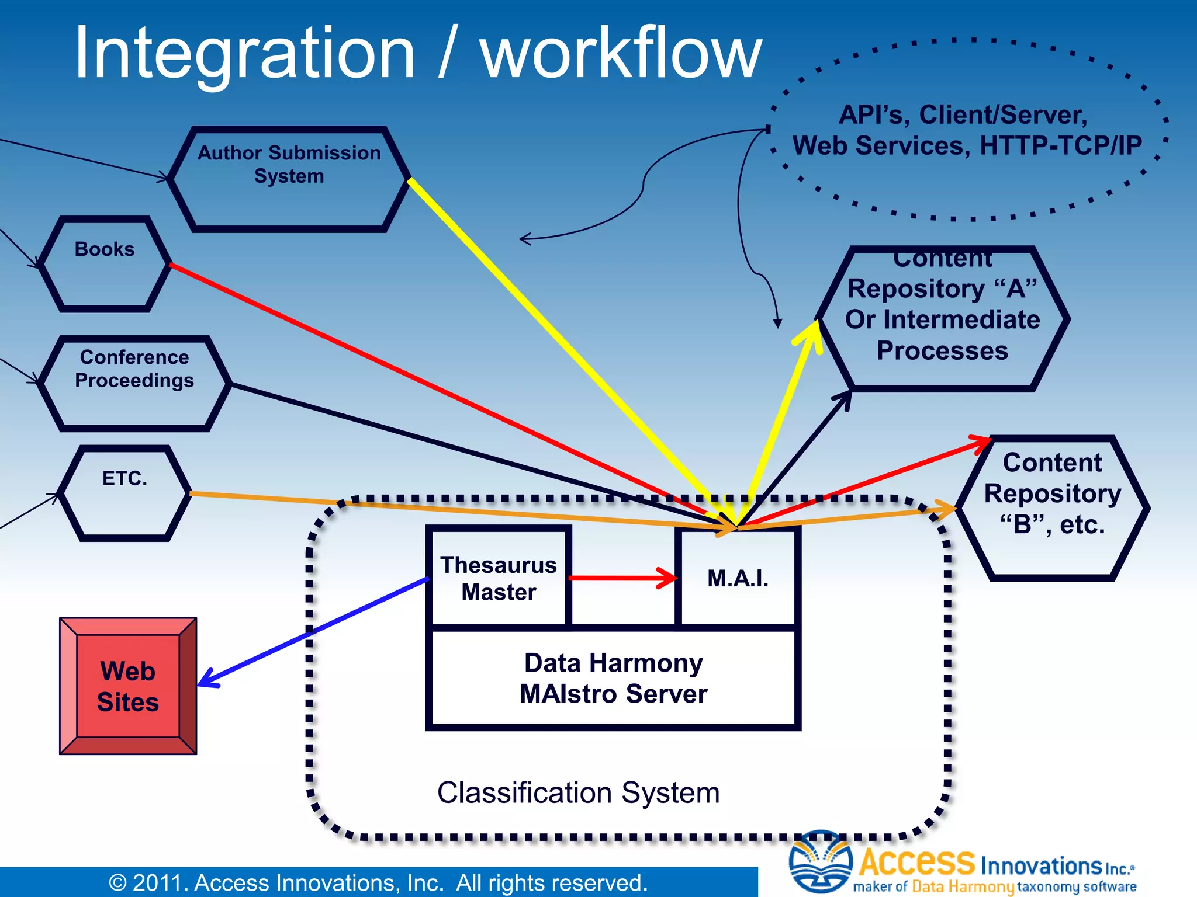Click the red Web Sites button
128,686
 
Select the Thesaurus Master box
498,578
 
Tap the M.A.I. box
738,578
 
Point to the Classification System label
578,792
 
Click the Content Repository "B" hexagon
1053,507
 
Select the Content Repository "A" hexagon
942,319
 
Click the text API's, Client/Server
963,114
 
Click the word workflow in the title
621,54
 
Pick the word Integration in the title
245,54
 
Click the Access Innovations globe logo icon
820,861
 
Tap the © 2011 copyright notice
378,882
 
